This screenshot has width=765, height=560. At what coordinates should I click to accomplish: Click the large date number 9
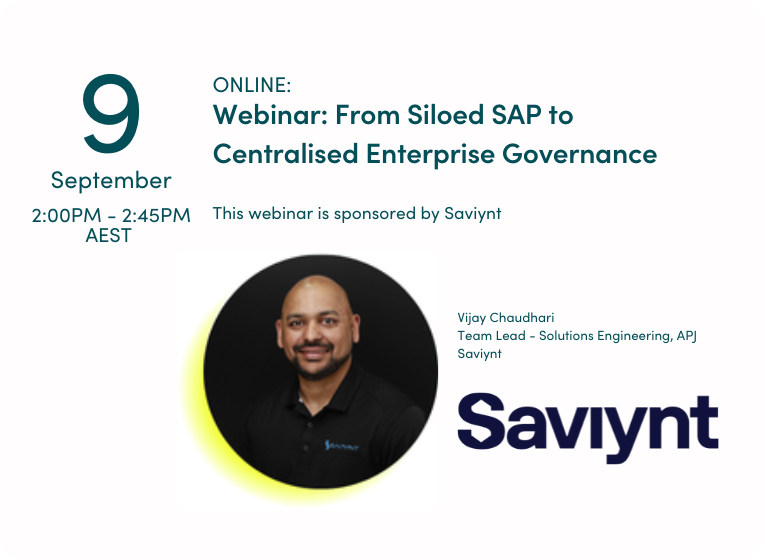click(111, 113)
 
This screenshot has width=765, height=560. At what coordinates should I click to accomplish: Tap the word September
click(111, 181)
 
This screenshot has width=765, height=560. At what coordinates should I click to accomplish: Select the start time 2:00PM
click(66, 215)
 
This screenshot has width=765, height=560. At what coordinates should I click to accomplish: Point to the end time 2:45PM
click(156, 215)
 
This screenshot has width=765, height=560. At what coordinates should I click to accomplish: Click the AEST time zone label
click(108, 236)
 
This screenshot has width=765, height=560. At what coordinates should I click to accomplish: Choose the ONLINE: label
click(252, 85)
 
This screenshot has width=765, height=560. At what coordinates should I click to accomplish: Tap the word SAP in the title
click(517, 115)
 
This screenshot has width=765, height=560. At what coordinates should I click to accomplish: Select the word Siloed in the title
click(445, 115)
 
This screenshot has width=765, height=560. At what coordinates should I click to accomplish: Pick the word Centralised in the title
click(285, 154)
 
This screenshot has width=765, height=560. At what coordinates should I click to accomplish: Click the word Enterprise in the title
click(430, 155)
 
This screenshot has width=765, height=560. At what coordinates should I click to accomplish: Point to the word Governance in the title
click(580, 154)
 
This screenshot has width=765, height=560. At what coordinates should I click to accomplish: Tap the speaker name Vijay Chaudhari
click(505, 318)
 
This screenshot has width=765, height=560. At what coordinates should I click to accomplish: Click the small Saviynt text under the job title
click(479, 354)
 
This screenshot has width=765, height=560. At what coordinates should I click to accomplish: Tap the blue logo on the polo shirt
click(341, 445)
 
